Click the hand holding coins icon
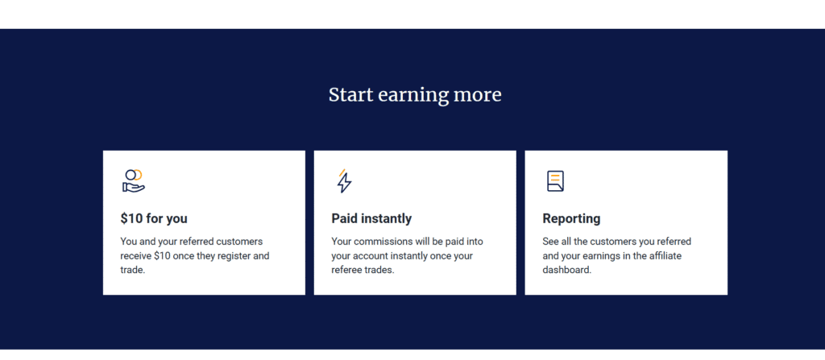point(134,180)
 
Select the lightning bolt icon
point(344,181)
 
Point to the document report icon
point(555,181)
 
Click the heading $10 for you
point(154,218)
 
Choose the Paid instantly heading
point(371,218)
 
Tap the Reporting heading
point(571,218)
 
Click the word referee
point(347,271)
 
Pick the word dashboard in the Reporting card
point(566,271)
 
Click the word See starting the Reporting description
point(551,242)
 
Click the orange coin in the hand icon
point(139,175)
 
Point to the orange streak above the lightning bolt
point(342,172)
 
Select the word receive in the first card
point(135,256)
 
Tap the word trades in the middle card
point(380,271)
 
